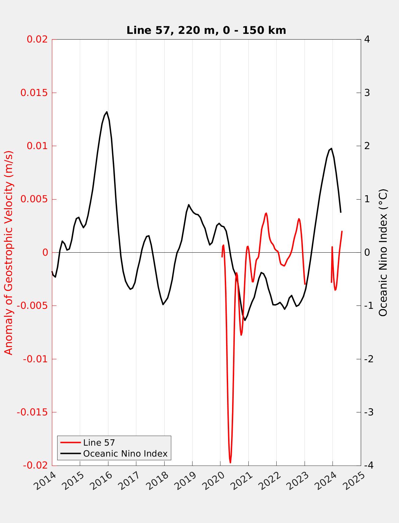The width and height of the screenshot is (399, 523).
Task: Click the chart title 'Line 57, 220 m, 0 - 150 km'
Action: coord(206,30)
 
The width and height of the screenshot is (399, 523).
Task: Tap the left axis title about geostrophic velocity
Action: coord(9,252)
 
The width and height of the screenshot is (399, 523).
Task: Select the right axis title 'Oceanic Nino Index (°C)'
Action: coord(383,252)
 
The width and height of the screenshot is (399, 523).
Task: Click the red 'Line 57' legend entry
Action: coord(99,443)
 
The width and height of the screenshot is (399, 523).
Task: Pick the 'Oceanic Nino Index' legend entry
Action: coord(125,454)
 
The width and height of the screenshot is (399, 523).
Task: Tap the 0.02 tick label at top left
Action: coord(37,39)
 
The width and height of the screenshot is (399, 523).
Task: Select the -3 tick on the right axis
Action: coord(367,412)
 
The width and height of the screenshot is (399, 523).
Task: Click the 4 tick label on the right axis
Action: coord(367,39)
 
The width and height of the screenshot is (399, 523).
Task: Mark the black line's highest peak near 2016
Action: coord(107,112)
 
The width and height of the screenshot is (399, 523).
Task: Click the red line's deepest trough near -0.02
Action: coord(230,462)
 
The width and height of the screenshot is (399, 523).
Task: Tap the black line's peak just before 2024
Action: coord(331,148)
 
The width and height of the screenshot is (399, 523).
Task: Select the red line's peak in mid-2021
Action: coord(266,213)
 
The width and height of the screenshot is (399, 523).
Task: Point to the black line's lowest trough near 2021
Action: coord(245,320)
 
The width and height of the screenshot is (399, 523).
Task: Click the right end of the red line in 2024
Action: coord(342,231)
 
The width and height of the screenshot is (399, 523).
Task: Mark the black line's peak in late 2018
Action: coord(189,205)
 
